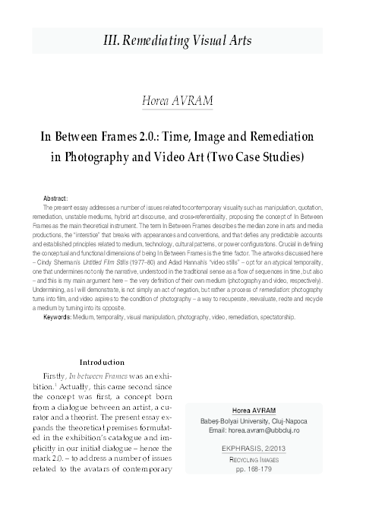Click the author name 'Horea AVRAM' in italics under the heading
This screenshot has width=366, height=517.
[183, 100]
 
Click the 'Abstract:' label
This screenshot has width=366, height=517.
[56, 198]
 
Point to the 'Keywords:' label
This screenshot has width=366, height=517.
[58, 337]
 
